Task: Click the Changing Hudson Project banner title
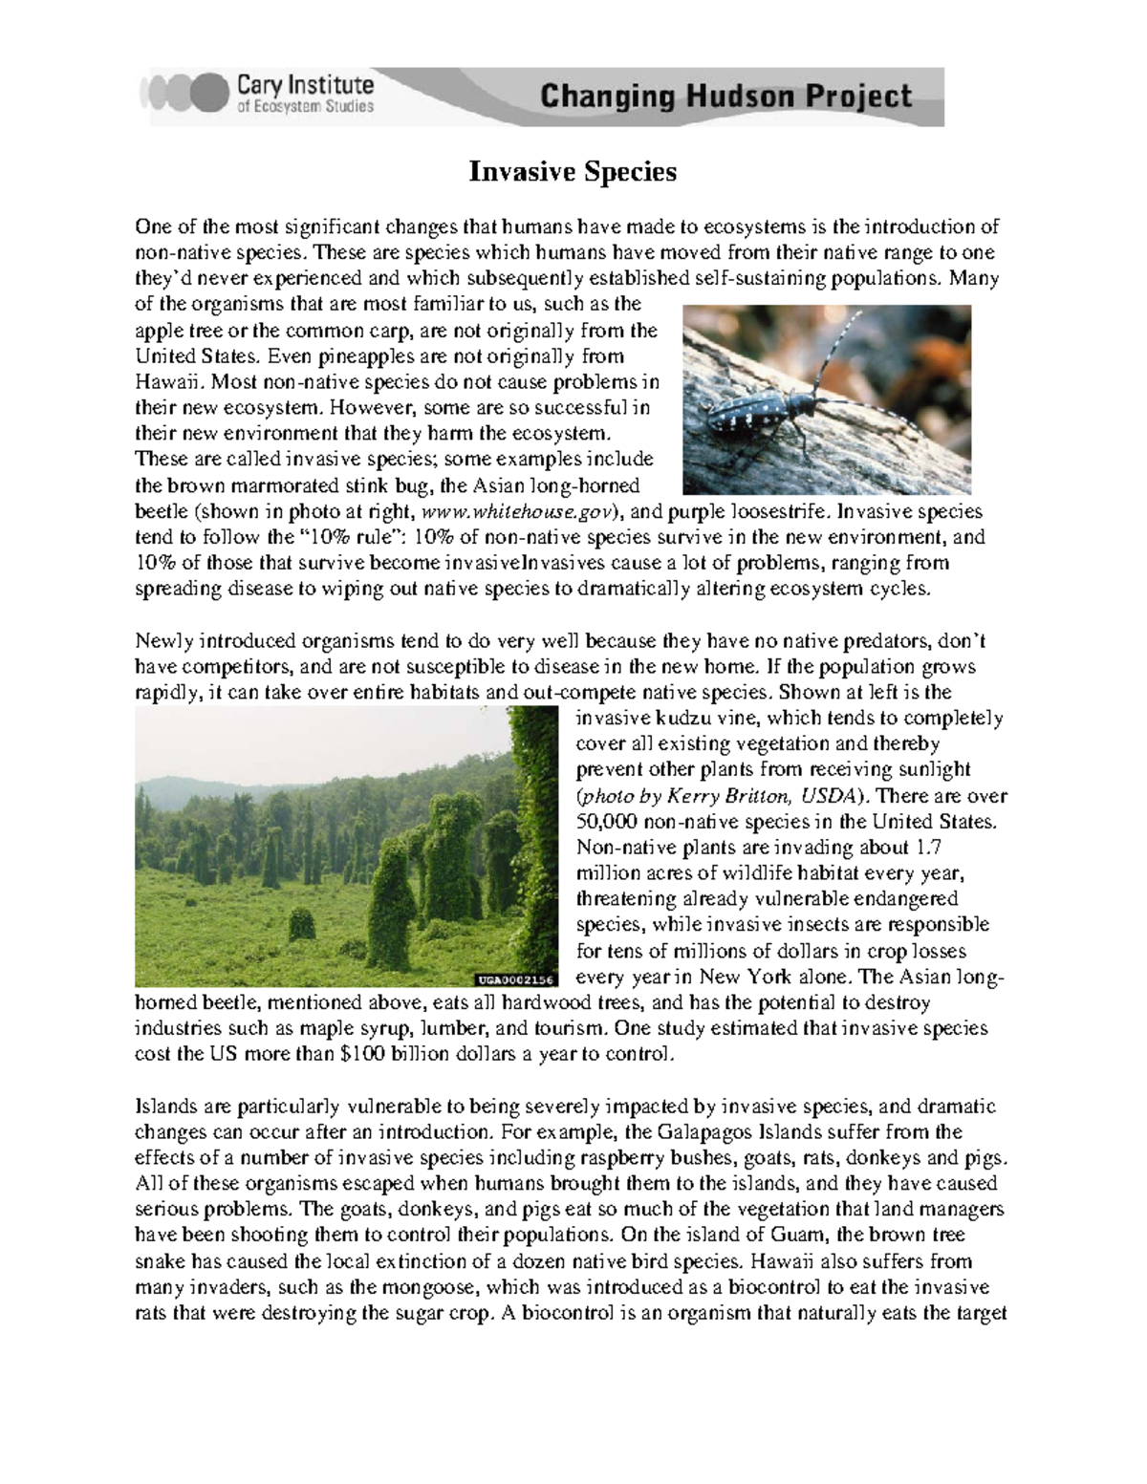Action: pos(726,97)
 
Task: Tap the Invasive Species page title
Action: pos(572,172)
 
